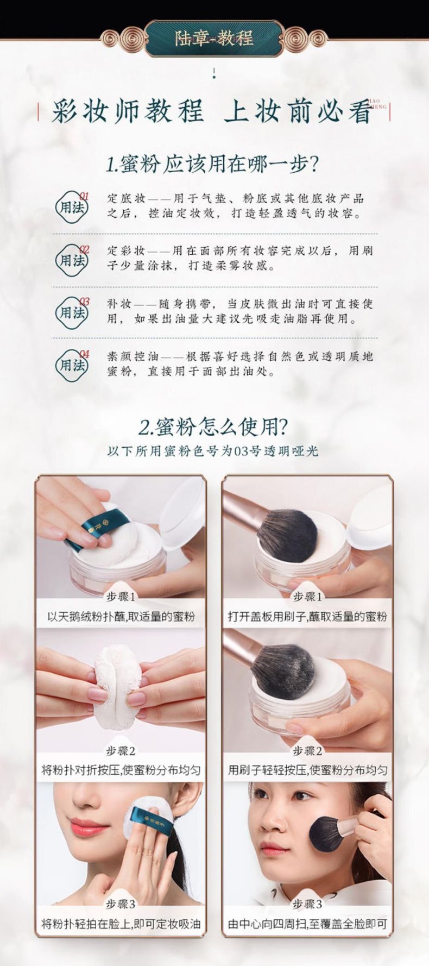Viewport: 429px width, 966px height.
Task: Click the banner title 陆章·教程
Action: click(214, 39)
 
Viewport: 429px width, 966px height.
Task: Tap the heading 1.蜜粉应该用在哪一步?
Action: click(212, 164)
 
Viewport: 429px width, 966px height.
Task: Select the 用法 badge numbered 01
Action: click(73, 207)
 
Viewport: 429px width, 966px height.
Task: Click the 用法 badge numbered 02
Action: click(73, 260)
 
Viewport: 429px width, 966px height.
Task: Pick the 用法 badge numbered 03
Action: click(73, 312)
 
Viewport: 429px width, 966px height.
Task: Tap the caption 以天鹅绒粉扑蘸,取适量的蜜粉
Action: click(121, 617)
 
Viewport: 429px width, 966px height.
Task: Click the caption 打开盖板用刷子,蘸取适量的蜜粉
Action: click(307, 617)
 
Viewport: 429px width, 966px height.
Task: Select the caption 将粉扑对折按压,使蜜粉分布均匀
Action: click(121, 770)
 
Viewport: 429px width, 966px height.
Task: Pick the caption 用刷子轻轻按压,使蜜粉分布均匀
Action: click(307, 770)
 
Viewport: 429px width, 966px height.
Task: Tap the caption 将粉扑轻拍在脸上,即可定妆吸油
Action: click(121, 924)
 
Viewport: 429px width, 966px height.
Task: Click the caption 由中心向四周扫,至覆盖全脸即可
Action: click(307, 924)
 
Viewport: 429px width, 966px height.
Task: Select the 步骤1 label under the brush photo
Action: click(307, 597)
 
